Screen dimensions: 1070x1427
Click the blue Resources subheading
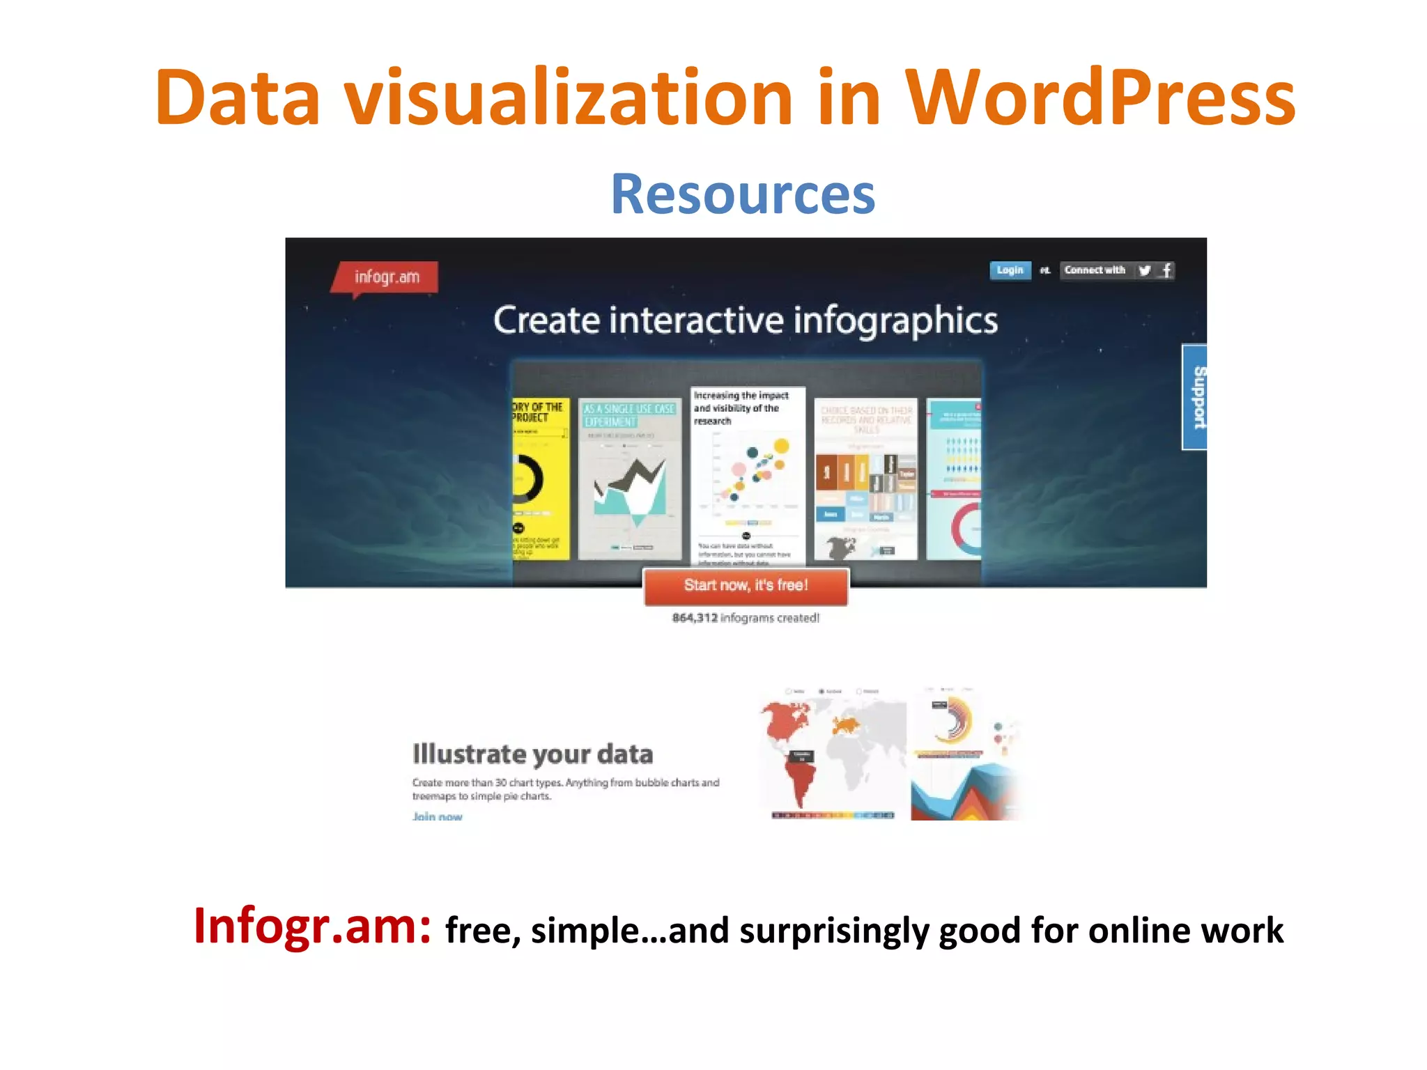(x=743, y=194)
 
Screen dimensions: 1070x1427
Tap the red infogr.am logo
(x=386, y=277)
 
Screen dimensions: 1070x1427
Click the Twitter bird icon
(x=1144, y=270)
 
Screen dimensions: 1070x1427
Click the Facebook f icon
(x=1166, y=270)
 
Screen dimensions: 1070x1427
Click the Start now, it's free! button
(x=746, y=586)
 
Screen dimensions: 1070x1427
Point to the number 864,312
(x=694, y=618)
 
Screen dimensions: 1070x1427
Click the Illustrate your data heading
(x=532, y=754)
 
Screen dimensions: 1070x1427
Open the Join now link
(x=437, y=816)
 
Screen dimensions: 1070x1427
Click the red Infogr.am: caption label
(x=312, y=927)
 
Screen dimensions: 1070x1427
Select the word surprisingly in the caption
(x=833, y=931)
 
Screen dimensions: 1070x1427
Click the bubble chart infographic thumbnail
(x=748, y=474)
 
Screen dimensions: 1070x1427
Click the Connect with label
(x=1094, y=270)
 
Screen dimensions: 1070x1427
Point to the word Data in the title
(x=237, y=98)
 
